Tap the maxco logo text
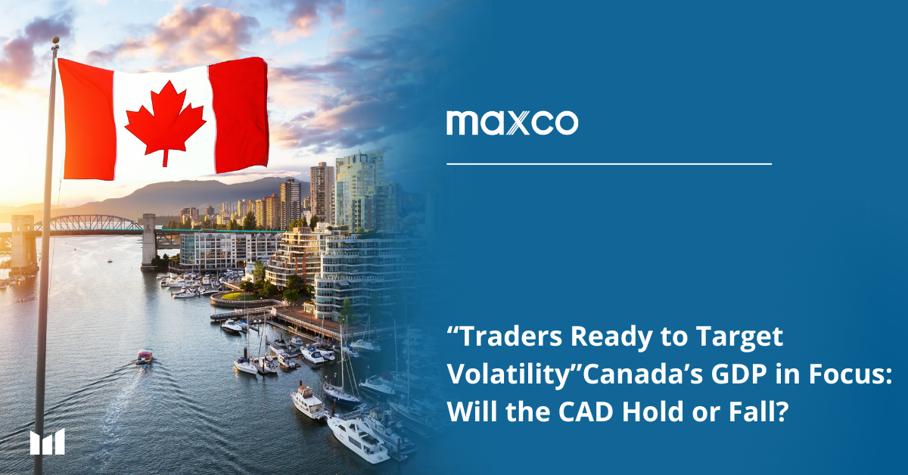(x=512, y=123)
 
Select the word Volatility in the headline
(x=509, y=374)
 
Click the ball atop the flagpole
(x=55, y=40)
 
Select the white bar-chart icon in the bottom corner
(x=48, y=442)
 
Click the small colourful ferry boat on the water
(x=145, y=356)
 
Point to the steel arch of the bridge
(x=88, y=222)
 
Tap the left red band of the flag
(x=88, y=120)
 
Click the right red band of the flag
(x=239, y=114)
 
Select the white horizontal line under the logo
(x=609, y=164)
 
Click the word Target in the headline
(x=739, y=337)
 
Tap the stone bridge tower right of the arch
(x=149, y=241)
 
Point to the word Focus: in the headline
(x=850, y=374)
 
